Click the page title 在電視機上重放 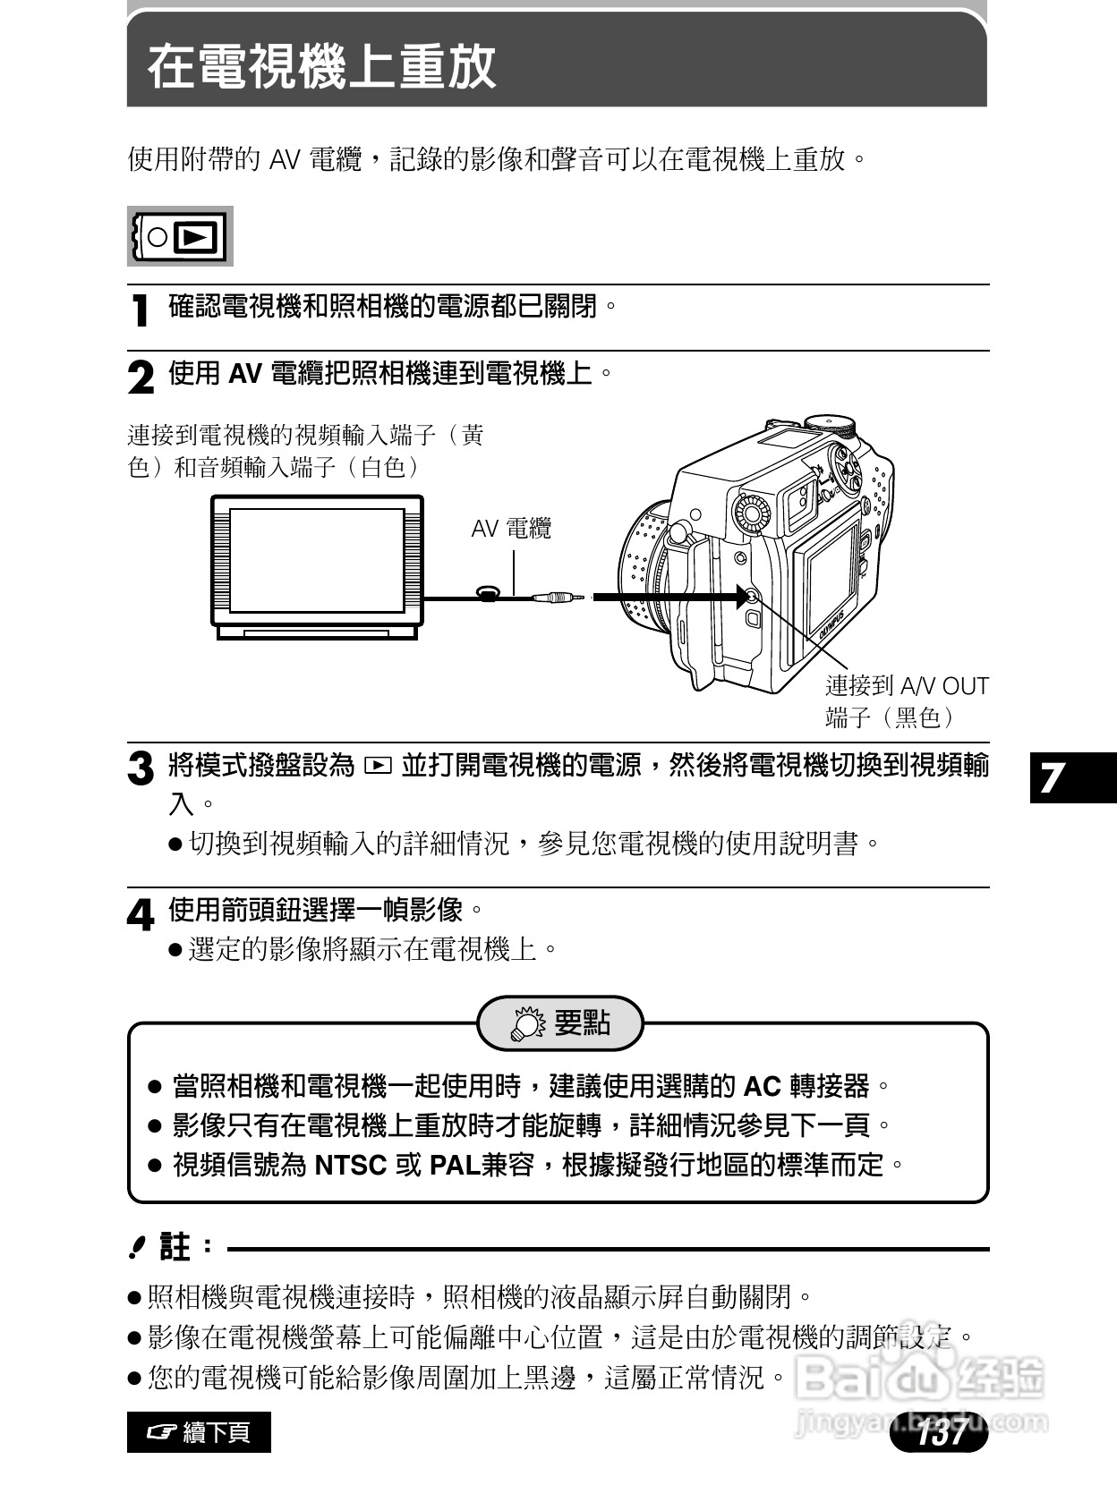tap(321, 66)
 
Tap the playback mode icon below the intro tap(180, 237)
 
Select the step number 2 tap(141, 378)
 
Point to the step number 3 tap(141, 769)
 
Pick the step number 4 tap(141, 914)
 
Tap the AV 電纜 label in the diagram tap(511, 529)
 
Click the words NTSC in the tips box tap(351, 1166)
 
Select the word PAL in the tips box tap(455, 1166)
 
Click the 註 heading tap(175, 1247)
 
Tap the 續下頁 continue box tap(199, 1432)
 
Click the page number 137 tap(941, 1432)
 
